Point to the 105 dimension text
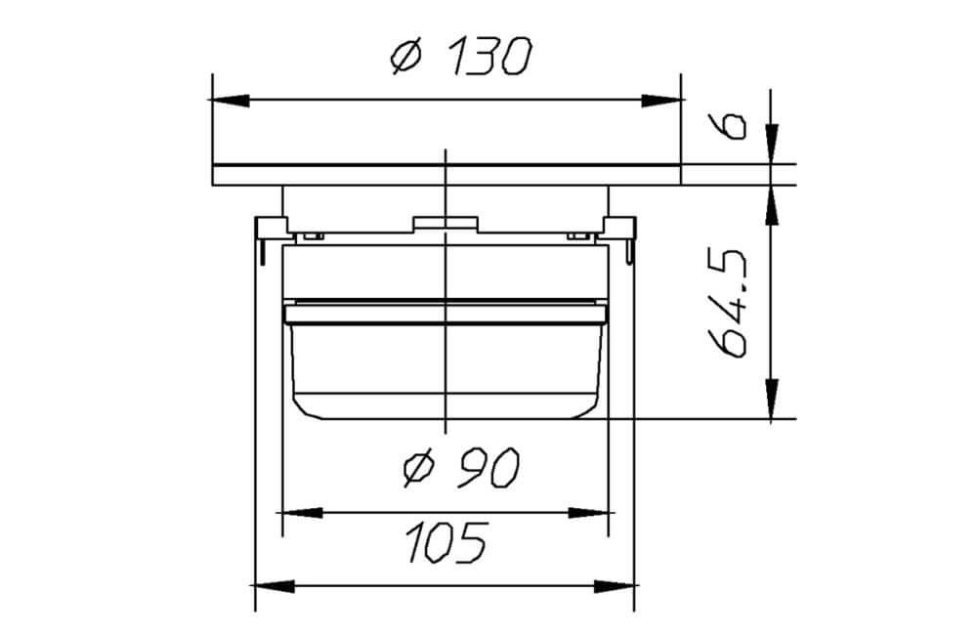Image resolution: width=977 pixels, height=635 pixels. click(445, 543)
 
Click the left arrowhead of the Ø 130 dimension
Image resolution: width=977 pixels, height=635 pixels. click(230, 100)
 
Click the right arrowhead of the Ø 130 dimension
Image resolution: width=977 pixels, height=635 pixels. click(661, 100)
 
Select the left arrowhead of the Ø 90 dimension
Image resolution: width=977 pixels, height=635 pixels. click(300, 511)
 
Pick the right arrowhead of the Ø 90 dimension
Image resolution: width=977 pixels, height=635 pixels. click(589, 511)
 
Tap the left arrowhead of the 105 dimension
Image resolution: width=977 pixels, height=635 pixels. click(274, 586)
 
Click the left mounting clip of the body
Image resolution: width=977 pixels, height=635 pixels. click(266, 234)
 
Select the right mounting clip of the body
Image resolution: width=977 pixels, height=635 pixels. click(623, 234)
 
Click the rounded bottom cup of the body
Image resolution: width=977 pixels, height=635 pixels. click(445, 371)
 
